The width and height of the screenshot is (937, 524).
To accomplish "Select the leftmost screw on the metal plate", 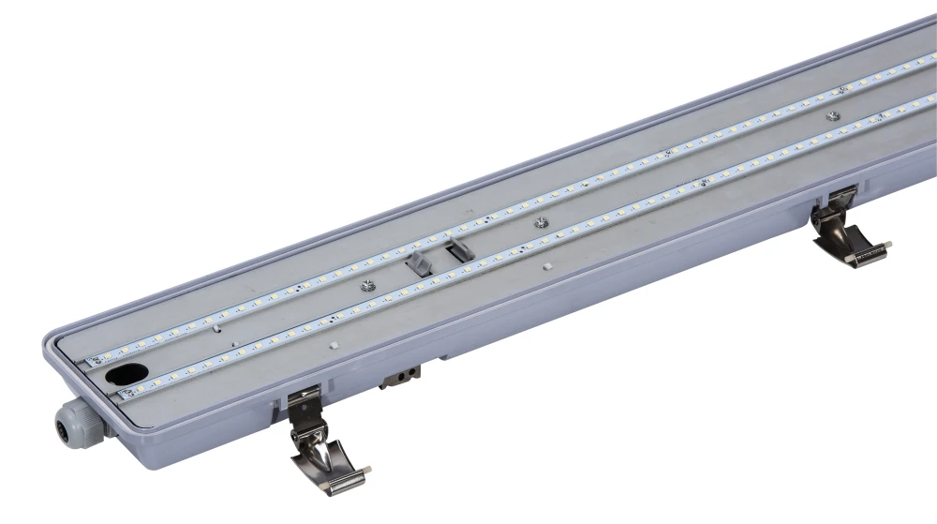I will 368,286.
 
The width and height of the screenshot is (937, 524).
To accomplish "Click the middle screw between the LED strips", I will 541,222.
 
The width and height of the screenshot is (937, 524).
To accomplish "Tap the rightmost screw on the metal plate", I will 832,116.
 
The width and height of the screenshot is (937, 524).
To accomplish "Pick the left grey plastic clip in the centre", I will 419,263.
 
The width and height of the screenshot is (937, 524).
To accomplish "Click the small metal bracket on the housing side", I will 399,377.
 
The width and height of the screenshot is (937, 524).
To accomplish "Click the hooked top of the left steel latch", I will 304,397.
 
